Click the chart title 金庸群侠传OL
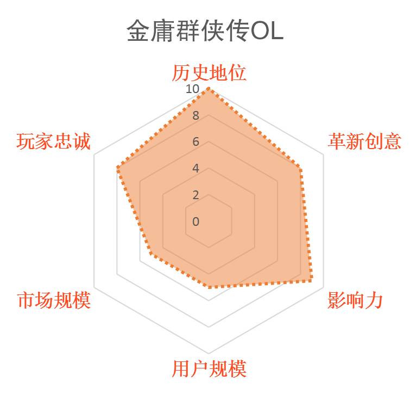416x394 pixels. pyautogui.click(x=205, y=30)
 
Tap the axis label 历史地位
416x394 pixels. pyautogui.click(x=209, y=73)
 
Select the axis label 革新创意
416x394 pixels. pyautogui.click(x=364, y=141)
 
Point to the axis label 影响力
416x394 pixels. pyautogui.click(x=355, y=300)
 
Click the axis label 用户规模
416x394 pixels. pyautogui.click(x=209, y=369)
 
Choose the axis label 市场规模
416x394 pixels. pyautogui.click(x=54, y=300)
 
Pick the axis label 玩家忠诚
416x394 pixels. pyautogui.click(x=53, y=141)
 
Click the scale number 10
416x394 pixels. pyautogui.click(x=192, y=89)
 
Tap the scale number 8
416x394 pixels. pyautogui.click(x=196, y=115)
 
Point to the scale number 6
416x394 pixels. pyautogui.click(x=196, y=141)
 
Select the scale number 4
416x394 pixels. pyautogui.click(x=196, y=168)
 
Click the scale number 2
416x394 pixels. pyautogui.click(x=196, y=195)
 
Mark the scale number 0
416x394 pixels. pyautogui.click(x=196, y=221)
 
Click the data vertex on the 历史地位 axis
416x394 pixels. pyautogui.click(x=209, y=89)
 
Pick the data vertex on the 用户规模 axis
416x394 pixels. pyautogui.click(x=209, y=287)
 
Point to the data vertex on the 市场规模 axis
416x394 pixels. pyautogui.click(x=151, y=255)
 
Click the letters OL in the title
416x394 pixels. pyautogui.click(x=267, y=31)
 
